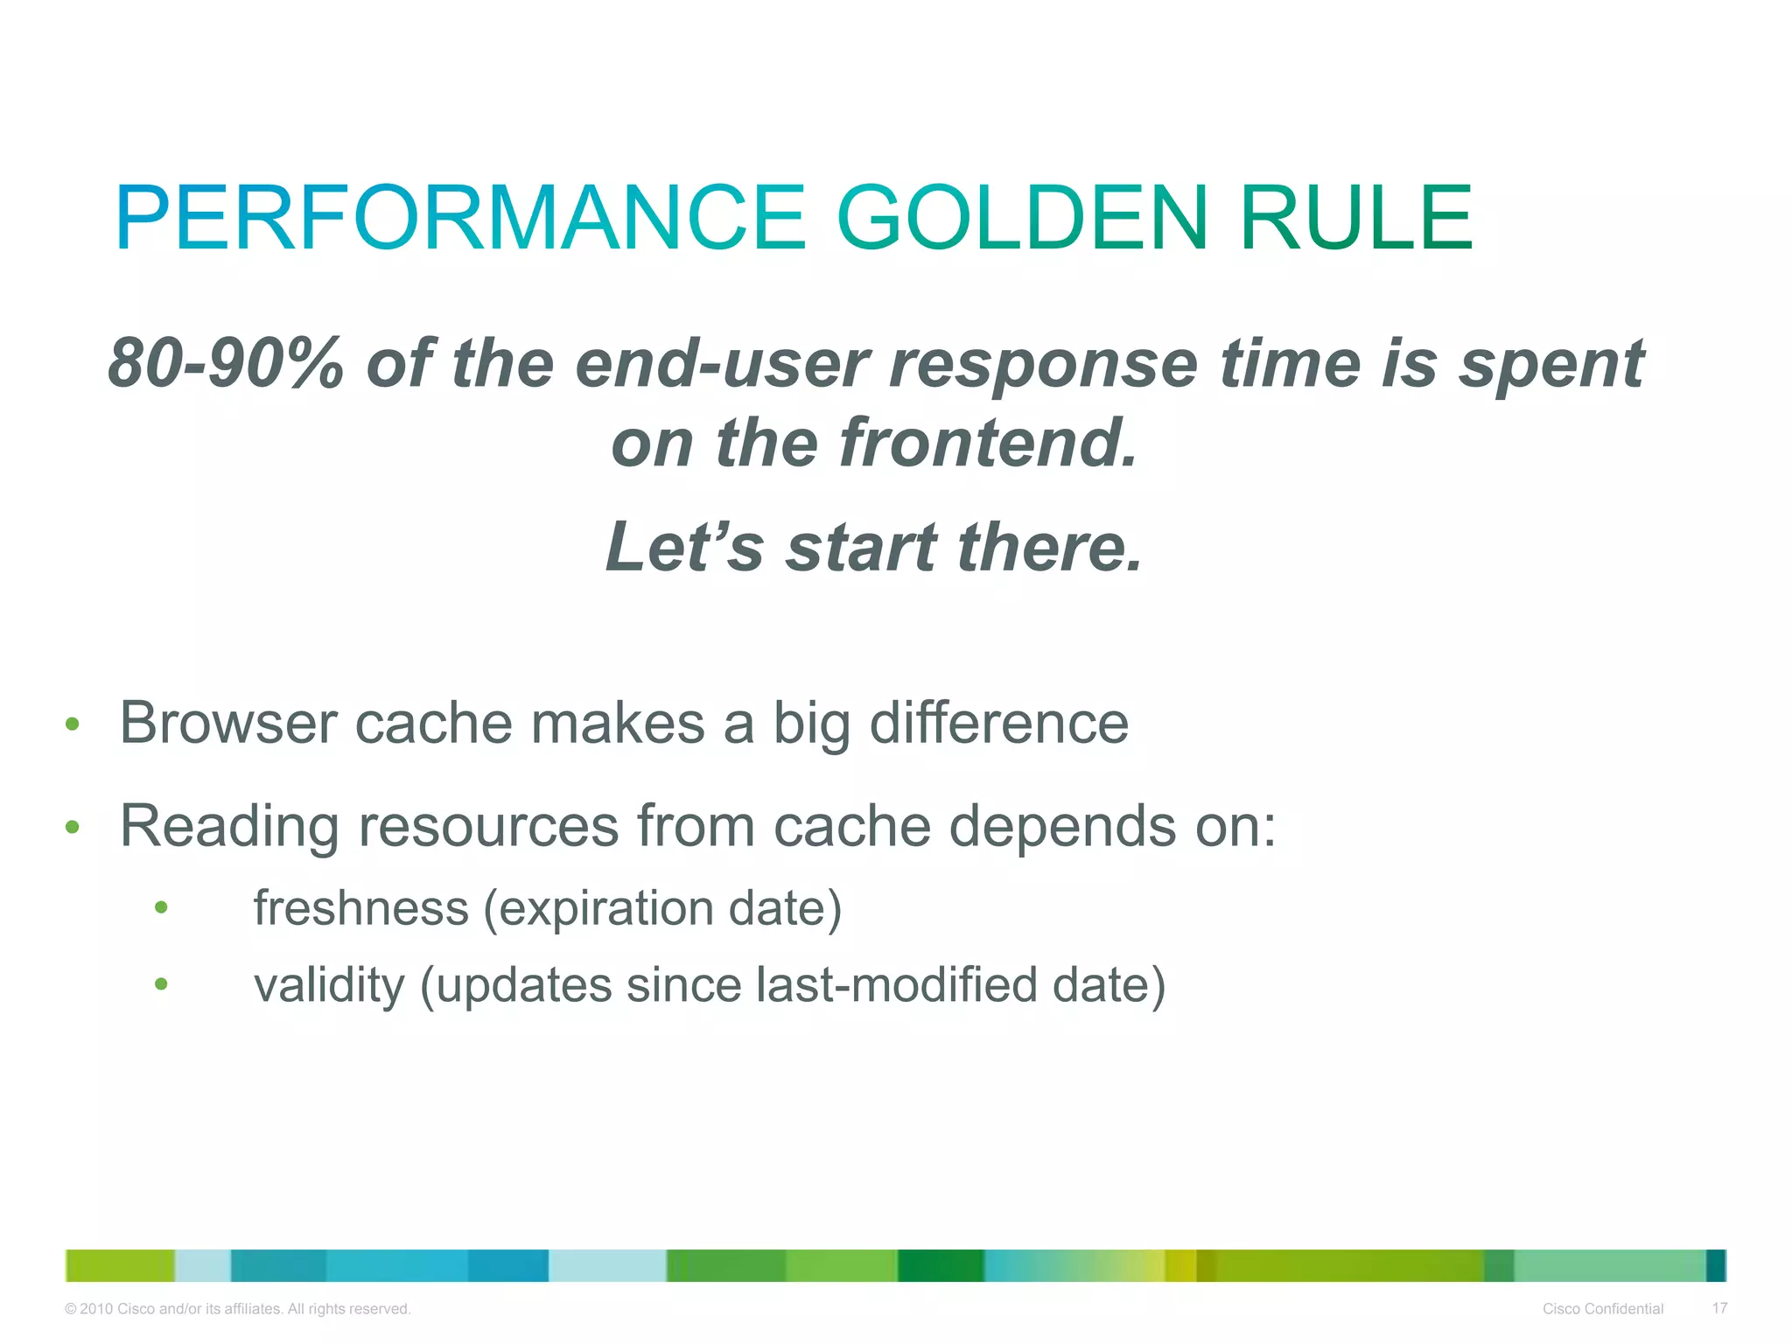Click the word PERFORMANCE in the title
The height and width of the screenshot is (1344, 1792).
[x=459, y=218]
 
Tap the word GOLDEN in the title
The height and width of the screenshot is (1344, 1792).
[x=1022, y=218]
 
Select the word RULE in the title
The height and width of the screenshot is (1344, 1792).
[x=1355, y=218]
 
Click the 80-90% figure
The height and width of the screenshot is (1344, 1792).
[x=226, y=363]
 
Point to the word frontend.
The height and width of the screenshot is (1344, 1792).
[x=988, y=443]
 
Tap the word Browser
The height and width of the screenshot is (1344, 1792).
[x=228, y=724]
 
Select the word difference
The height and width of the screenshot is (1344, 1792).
[x=998, y=724]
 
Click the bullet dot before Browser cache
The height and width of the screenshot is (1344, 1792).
[x=73, y=724]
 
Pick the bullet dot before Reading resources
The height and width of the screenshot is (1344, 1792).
[x=73, y=827]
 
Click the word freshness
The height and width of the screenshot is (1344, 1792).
[x=360, y=907]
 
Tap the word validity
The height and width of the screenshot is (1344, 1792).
[x=329, y=985]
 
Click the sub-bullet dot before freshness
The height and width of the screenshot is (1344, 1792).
[x=161, y=907]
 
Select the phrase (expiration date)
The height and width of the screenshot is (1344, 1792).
[x=662, y=907]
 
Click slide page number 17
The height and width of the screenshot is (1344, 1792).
[x=1719, y=1308]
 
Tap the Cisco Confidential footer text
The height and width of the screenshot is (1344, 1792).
[x=1602, y=1309]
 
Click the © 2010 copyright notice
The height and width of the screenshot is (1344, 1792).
[x=237, y=1309]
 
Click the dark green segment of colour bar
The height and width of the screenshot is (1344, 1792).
[x=941, y=1265]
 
